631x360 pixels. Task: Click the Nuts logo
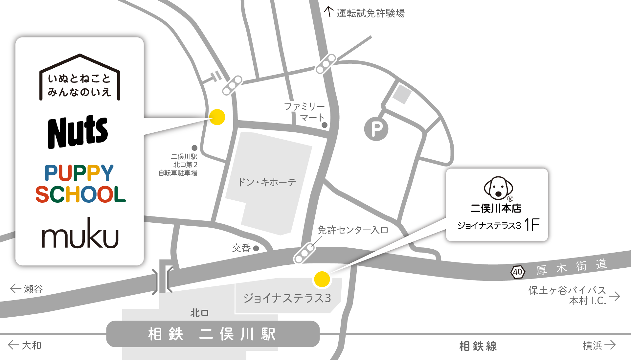(78, 132)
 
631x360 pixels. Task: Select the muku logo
(80, 234)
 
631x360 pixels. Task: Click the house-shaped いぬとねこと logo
(80, 79)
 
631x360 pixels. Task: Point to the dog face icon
(498, 188)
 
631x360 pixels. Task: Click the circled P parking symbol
(376, 129)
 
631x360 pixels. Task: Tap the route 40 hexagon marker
(517, 272)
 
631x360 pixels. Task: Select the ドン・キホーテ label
(267, 182)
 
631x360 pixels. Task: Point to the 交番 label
(241, 248)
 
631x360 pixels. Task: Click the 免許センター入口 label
(352, 230)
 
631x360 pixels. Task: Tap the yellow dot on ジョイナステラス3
(322, 279)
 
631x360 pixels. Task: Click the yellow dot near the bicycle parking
(217, 117)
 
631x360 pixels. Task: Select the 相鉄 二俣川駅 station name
(212, 334)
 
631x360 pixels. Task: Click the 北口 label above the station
(199, 313)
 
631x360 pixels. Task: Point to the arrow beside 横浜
(610, 345)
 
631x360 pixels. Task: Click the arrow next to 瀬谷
(15, 289)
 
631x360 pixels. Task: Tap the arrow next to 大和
(13, 345)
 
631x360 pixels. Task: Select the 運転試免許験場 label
(370, 13)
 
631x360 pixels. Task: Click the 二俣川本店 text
(496, 208)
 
